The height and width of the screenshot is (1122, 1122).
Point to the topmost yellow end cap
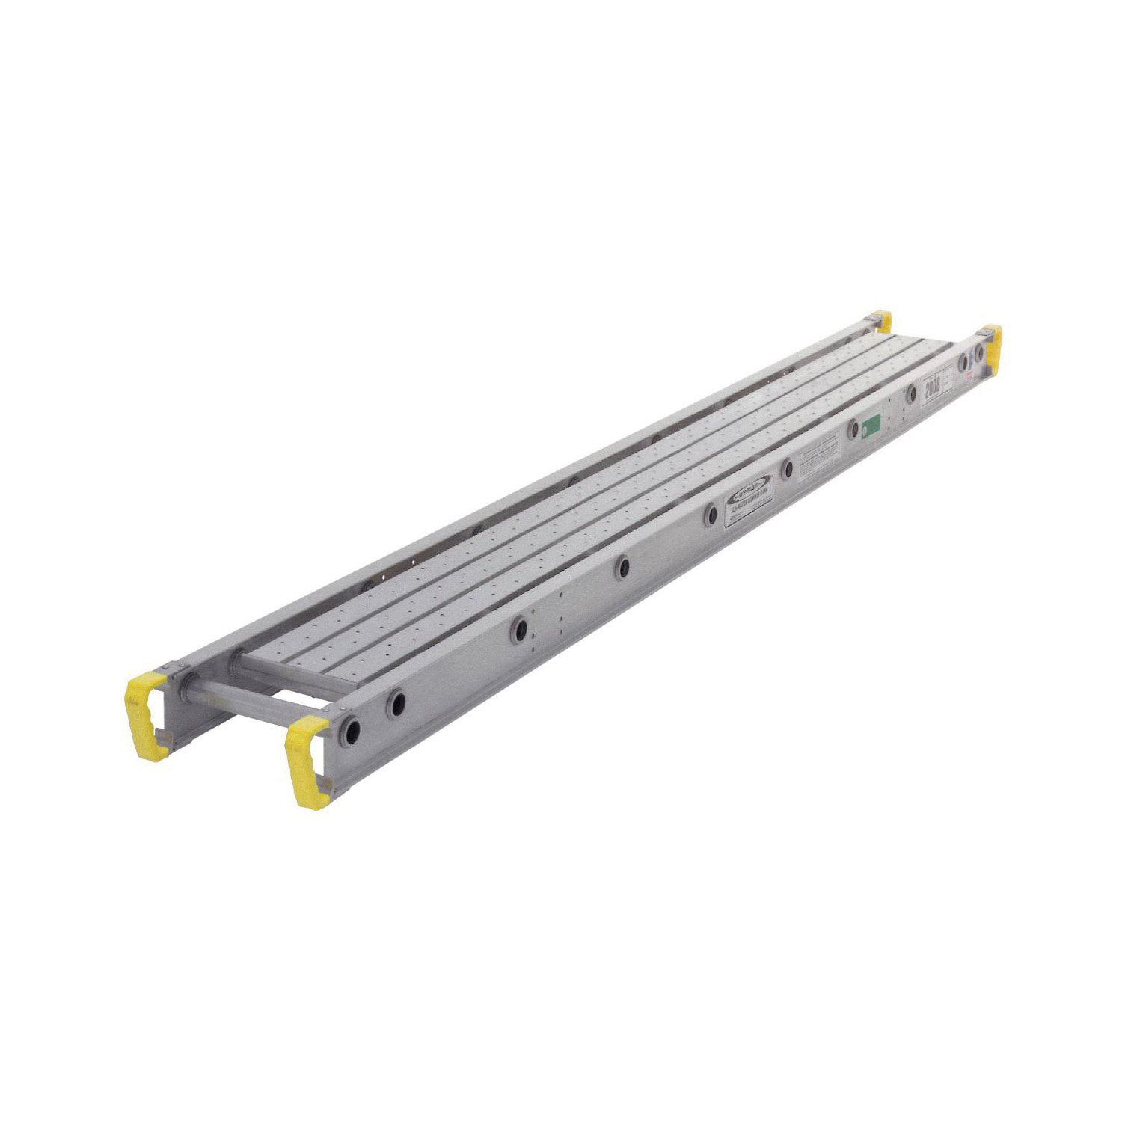click(883, 320)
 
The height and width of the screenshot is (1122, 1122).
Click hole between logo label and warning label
click(787, 469)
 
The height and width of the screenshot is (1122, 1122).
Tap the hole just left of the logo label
click(709, 514)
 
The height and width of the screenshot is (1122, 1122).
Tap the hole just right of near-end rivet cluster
click(621, 567)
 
